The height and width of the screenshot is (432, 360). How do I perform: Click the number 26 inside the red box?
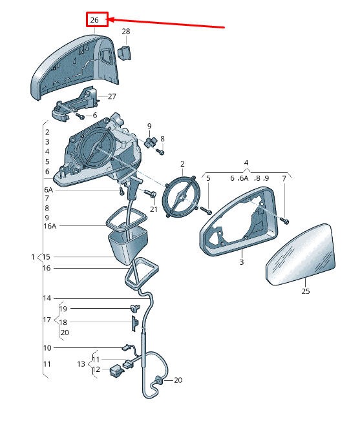[94, 20]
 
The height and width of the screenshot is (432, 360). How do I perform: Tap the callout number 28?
[126, 32]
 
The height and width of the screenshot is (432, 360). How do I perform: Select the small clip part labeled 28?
[125, 52]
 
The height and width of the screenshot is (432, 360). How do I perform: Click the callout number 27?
[112, 96]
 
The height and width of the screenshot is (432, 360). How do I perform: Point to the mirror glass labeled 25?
[301, 255]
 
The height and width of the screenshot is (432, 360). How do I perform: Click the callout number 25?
[306, 291]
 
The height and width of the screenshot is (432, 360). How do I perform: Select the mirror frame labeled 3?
[239, 221]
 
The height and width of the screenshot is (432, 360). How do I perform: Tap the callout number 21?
[154, 209]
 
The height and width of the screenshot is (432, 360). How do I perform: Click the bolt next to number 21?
[151, 194]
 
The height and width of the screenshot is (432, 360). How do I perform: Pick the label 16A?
[50, 226]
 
